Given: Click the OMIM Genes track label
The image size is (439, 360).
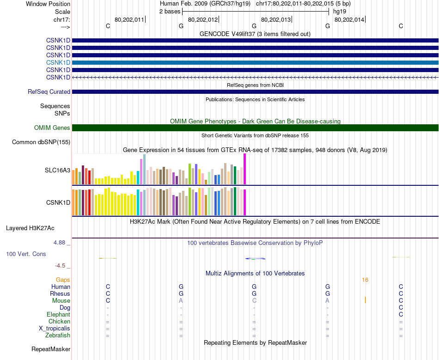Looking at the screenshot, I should (52, 128).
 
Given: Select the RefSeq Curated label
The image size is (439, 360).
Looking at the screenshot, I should (49, 92).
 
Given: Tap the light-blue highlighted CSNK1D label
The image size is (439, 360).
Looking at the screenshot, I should (58, 62).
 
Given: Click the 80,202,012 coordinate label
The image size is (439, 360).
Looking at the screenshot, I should (203, 19).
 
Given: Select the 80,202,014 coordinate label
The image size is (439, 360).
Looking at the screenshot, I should (349, 19).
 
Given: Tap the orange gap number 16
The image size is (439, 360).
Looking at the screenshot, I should (365, 280).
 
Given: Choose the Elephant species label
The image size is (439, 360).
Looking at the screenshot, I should (58, 314).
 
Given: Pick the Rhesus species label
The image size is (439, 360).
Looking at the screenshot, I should (60, 293).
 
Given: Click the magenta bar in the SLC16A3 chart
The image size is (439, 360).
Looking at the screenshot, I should (245, 169).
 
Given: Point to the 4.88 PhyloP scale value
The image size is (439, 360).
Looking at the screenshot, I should (62, 242).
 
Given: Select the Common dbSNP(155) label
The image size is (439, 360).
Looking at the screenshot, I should (41, 142).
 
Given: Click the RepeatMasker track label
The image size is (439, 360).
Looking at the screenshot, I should (51, 349).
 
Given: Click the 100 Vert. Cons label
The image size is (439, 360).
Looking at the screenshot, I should (26, 254).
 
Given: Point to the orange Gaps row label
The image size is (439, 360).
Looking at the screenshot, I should (63, 280).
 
